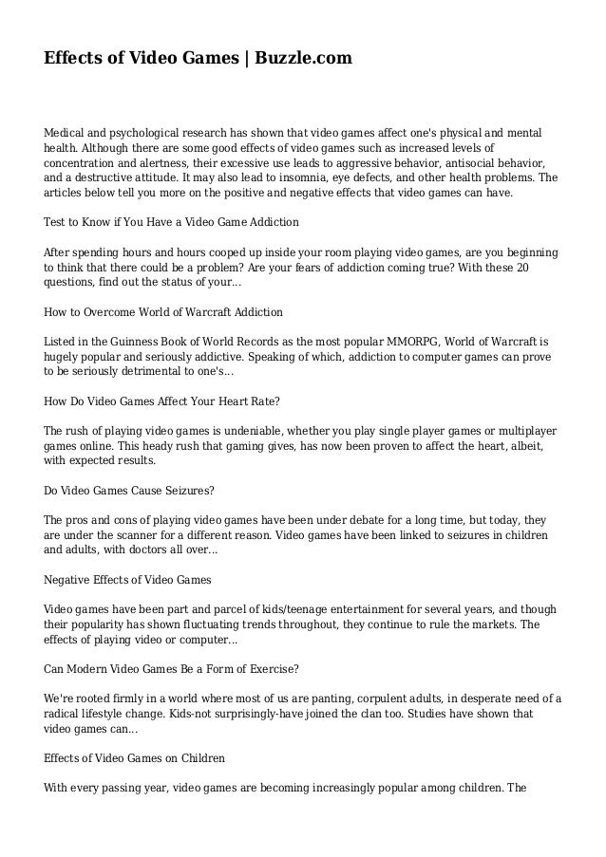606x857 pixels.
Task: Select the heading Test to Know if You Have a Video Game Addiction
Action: (172, 222)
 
